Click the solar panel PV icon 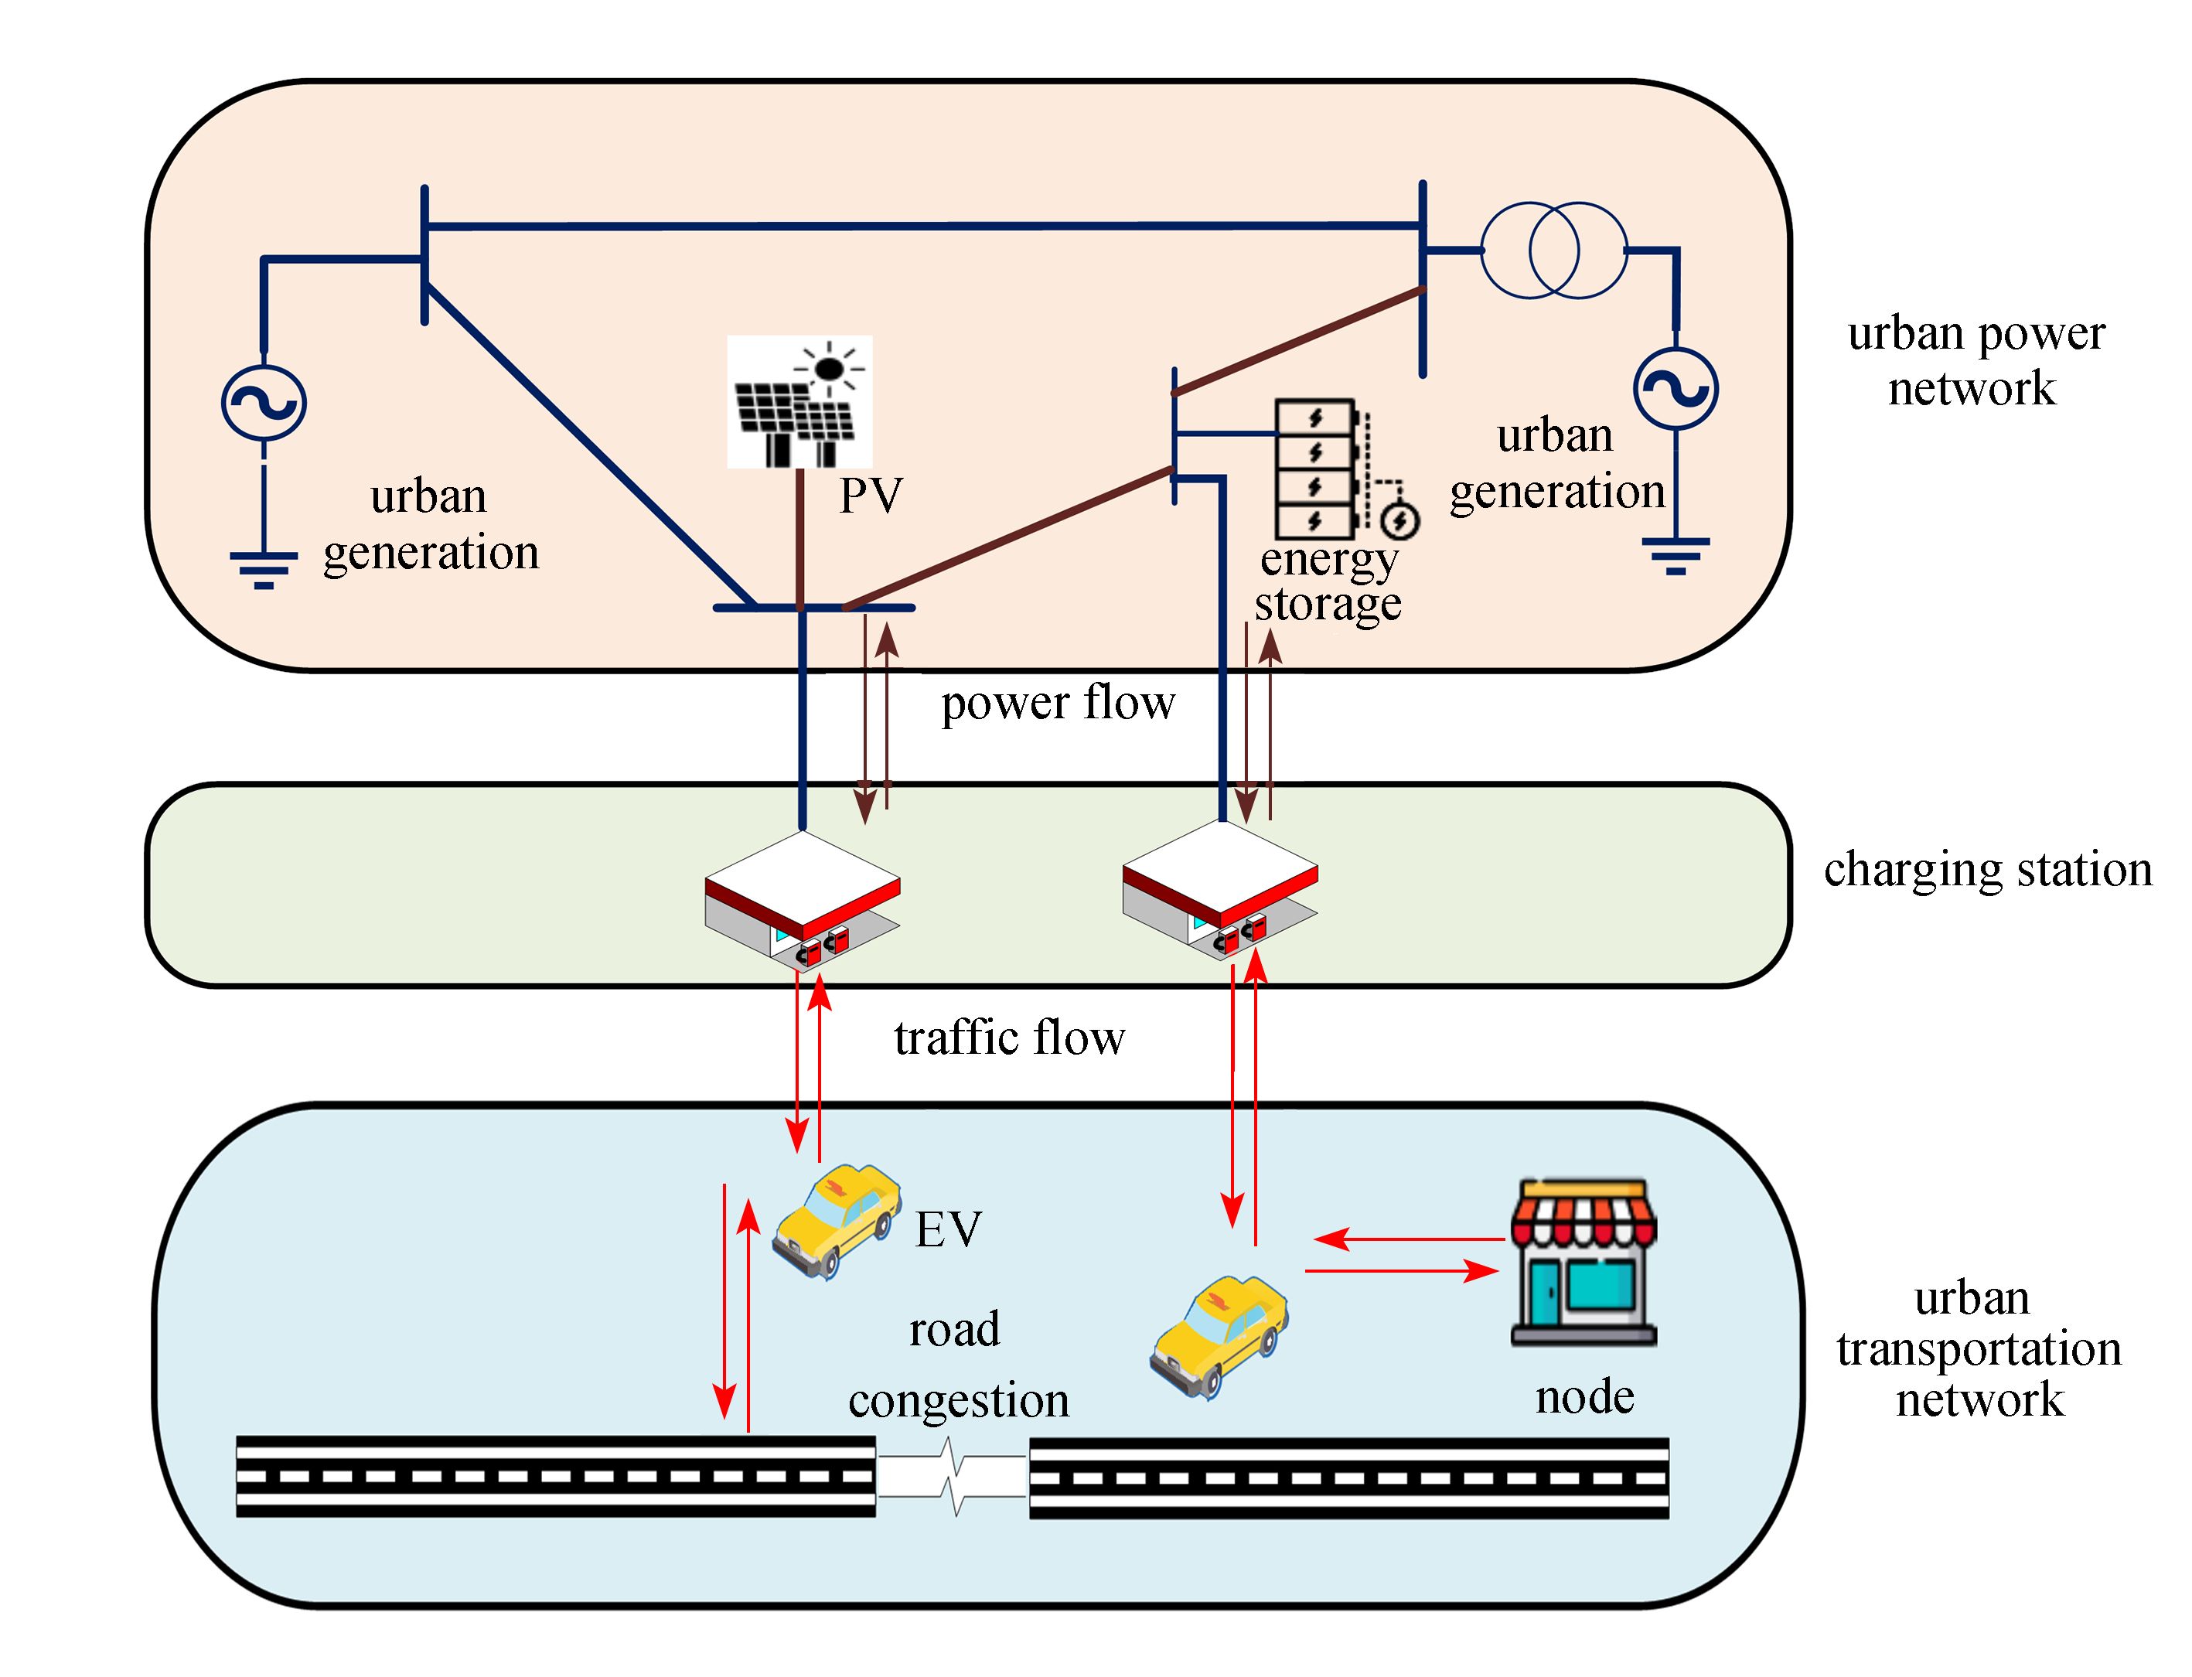(799, 401)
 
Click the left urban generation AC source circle (264, 402)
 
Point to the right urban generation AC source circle (1676, 388)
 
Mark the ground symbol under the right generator (1676, 555)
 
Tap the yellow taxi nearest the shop (1219, 1334)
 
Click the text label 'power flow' (1058, 703)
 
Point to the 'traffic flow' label (1009, 1038)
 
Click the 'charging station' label (1987, 870)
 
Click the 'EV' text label (948, 1230)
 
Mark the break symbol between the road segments (953, 1478)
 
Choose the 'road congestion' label (957, 1365)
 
